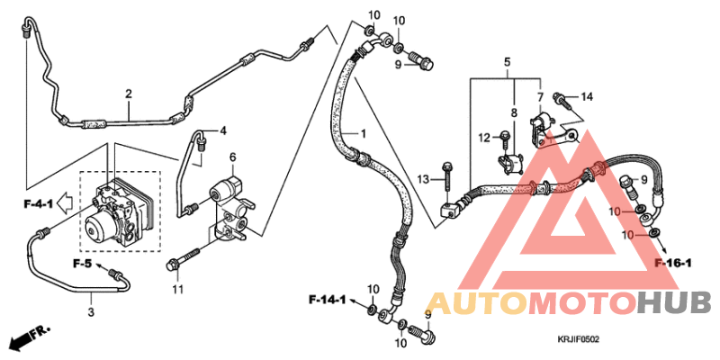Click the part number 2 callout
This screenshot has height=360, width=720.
click(129, 94)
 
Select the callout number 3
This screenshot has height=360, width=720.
click(91, 312)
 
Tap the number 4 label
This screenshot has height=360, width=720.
click(222, 130)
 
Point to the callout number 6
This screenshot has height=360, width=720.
click(233, 157)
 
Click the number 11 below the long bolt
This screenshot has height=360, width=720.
click(177, 289)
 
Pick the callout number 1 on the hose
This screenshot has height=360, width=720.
click(363, 133)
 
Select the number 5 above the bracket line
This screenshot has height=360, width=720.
click(507, 61)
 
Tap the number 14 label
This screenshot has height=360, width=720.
click(587, 97)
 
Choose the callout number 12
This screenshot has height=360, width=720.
click(484, 137)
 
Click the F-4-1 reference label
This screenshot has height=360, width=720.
click(38, 204)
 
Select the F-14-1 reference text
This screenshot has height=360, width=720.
click(327, 301)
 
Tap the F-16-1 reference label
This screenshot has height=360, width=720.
click(673, 263)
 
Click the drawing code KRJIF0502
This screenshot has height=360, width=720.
click(578, 340)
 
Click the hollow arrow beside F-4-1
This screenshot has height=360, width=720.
click(67, 203)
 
